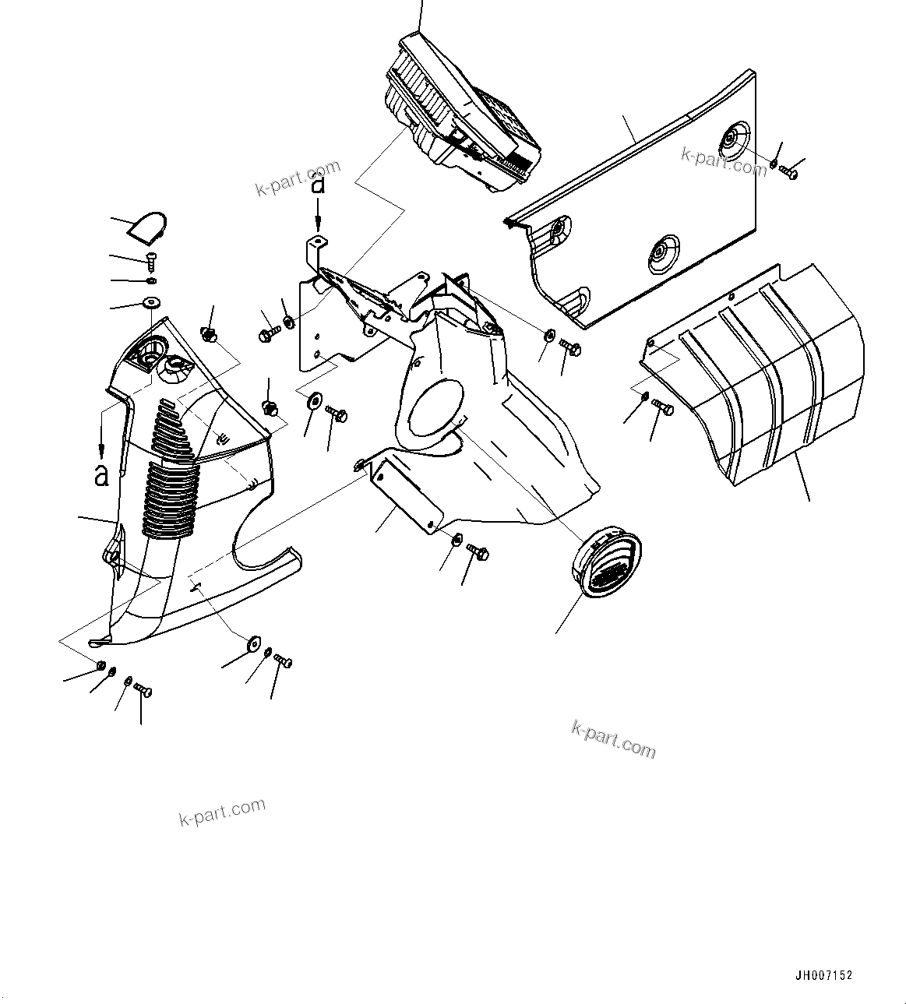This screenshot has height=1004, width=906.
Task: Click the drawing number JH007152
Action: click(x=823, y=974)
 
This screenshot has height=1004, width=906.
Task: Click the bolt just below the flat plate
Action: click(x=478, y=551)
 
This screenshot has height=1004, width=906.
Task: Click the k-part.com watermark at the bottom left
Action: click(x=222, y=812)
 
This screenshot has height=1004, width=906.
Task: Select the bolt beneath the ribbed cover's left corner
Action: click(x=663, y=407)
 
